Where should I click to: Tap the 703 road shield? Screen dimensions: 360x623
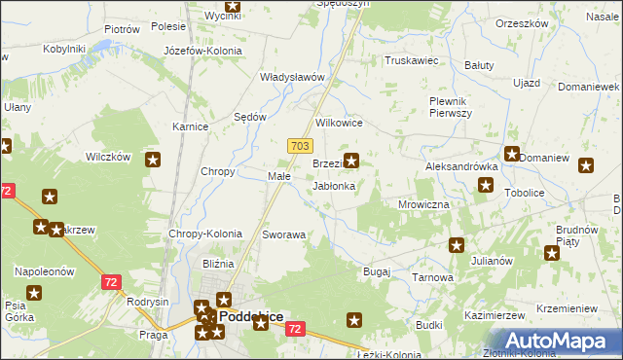(300, 145)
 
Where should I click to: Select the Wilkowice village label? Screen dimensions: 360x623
(340, 124)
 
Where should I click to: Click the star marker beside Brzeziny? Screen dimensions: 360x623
(351, 162)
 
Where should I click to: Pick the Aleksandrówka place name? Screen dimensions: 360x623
(461, 166)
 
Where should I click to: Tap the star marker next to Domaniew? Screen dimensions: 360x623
(512, 153)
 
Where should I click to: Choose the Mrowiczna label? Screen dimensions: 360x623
(423, 204)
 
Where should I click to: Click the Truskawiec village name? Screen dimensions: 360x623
(413, 60)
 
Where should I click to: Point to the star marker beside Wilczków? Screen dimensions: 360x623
(153, 160)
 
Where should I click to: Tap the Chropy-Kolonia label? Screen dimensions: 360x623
(205, 234)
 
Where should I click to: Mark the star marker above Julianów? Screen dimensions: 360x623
(455, 245)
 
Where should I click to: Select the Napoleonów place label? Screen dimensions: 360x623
(44, 272)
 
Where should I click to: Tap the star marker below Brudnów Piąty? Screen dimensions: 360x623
(553, 254)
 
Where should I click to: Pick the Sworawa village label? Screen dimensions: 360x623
(284, 234)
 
